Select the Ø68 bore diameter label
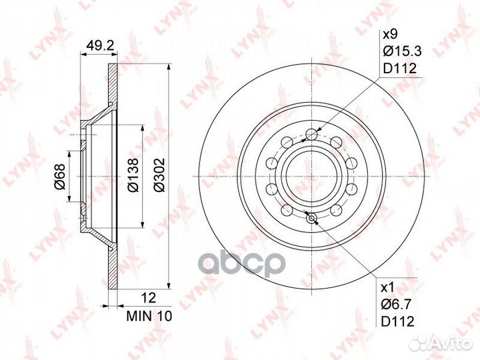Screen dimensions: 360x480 tap(59, 175)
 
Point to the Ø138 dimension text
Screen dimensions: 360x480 tap(133, 175)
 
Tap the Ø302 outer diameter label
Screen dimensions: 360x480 tap(158, 175)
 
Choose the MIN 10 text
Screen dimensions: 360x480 tap(149, 317)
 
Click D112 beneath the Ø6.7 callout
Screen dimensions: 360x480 tap(399, 321)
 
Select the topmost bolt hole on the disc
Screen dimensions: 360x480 tap(310, 136)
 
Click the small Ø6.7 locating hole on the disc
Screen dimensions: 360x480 tap(310, 215)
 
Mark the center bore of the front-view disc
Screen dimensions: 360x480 tap(310, 176)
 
